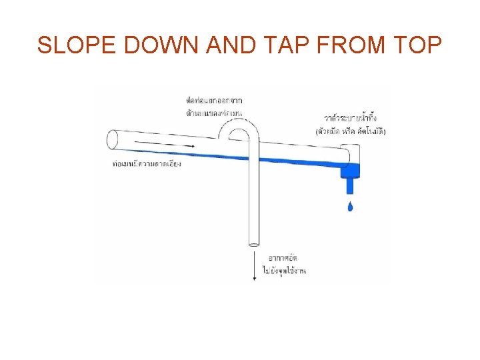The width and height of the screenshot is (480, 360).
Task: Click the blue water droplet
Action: (351, 206)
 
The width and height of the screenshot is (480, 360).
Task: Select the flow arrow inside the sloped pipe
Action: (164, 144)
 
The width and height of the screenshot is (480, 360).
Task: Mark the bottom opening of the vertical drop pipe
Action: (253, 245)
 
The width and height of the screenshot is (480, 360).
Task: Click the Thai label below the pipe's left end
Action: (147, 163)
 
